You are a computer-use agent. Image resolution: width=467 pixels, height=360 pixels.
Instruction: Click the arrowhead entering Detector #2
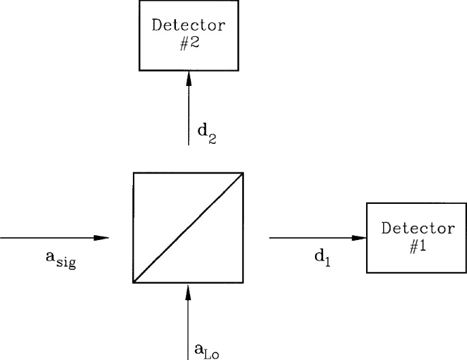(x=189, y=77)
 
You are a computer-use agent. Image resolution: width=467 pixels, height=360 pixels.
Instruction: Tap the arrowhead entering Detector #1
(x=359, y=238)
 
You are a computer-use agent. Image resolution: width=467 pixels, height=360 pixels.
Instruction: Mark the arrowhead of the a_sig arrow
(x=102, y=238)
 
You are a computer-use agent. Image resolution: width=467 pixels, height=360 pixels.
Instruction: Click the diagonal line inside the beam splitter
(x=189, y=227)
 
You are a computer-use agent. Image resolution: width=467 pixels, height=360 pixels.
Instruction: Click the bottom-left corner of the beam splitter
(x=134, y=282)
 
